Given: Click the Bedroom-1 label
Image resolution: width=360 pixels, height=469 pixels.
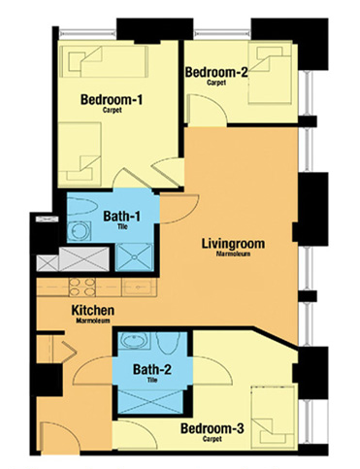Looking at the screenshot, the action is click(x=112, y=99).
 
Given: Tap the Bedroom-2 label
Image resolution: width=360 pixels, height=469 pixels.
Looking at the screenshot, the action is click(x=216, y=72).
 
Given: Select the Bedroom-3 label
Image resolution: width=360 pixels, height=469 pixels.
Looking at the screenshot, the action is click(x=213, y=428).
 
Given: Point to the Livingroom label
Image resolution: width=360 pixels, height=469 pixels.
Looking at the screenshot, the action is click(x=233, y=244).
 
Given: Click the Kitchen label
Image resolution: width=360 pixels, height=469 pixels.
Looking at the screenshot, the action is click(x=93, y=310).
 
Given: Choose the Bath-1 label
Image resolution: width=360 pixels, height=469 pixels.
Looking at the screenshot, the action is click(x=122, y=217).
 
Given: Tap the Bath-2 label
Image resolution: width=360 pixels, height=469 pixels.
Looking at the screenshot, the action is click(x=152, y=369).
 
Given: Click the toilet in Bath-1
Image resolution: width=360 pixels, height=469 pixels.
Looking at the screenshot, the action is click(x=82, y=207).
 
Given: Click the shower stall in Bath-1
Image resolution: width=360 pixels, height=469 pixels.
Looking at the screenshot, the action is click(x=134, y=257).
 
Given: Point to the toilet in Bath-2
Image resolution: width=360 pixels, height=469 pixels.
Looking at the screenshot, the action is click(x=168, y=343).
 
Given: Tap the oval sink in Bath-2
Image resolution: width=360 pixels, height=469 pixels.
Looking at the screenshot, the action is click(x=134, y=341).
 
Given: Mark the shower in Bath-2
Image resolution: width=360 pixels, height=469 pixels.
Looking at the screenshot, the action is click(x=149, y=402).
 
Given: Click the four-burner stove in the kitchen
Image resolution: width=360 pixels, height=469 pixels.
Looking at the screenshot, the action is click(x=82, y=287).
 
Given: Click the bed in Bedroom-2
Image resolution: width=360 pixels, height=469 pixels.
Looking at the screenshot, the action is click(x=272, y=74).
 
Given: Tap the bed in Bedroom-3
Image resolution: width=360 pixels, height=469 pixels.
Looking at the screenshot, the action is click(x=274, y=419).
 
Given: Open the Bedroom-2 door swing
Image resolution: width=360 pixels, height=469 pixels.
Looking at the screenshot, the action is click(x=208, y=109).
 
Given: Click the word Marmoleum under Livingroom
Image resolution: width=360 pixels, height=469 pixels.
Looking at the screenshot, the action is click(x=233, y=254).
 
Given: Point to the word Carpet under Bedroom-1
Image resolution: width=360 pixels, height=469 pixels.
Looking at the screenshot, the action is click(x=113, y=110).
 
